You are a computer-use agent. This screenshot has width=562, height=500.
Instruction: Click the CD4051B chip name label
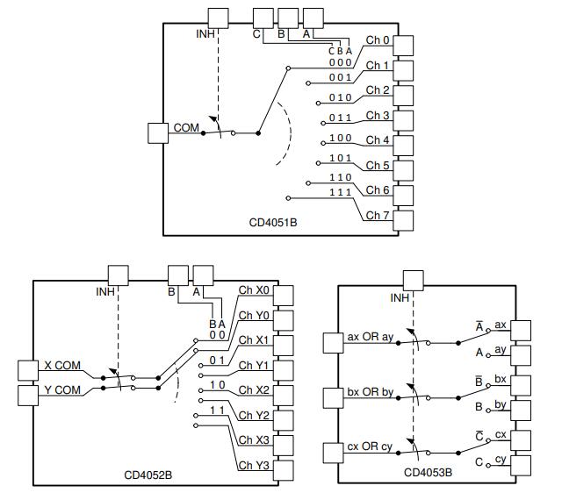(x=272, y=223)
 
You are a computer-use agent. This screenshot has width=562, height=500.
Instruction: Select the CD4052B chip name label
(x=148, y=474)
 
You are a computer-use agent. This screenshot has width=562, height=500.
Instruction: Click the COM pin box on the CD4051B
(x=159, y=132)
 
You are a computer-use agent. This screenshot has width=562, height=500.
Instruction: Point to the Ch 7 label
(x=378, y=215)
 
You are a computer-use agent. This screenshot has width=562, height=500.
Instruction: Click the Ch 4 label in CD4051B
(x=378, y=140)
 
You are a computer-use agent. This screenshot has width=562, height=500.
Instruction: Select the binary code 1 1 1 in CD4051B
(x=340, y=192)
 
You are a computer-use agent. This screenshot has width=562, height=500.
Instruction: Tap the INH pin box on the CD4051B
(x=217, y=18)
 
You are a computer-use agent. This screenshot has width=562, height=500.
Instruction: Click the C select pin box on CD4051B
(x=263, y=18)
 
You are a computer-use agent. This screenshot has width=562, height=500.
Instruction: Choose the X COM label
(x=61, y=366)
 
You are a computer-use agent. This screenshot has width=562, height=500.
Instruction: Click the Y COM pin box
(x=27, y=394)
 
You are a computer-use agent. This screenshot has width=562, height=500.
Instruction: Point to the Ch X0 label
(x=255, y=290)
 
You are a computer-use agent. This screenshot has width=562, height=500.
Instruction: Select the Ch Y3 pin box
(x=285, y=471)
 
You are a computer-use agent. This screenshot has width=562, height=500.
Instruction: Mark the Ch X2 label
(x=255, y=390)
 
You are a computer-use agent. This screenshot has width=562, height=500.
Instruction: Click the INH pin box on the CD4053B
(x=413, y=281)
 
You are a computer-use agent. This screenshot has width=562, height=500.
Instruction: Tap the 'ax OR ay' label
(x=370, y=336)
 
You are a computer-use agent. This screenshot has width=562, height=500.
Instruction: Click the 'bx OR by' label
(x=370, y=392)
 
